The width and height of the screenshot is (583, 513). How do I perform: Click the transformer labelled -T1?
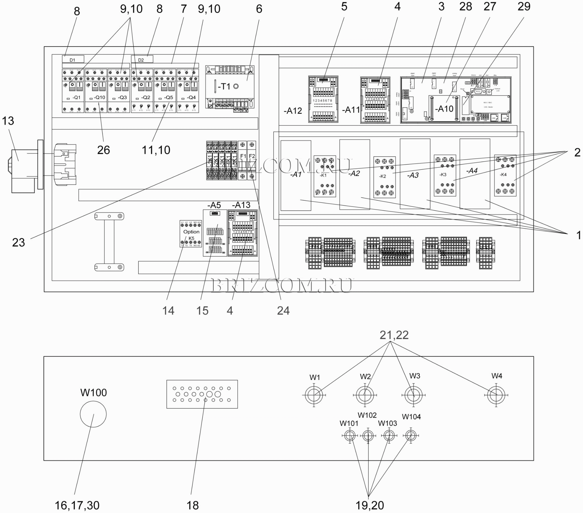pos(230,87)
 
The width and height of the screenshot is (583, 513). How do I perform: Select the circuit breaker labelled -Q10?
pos(96,91)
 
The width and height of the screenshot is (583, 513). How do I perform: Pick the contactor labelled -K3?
pos(445,175)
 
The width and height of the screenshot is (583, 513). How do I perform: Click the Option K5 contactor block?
pos(191,234)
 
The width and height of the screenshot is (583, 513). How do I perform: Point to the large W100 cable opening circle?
pos(93,414)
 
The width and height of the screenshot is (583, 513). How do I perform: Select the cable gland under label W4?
pos(496,395)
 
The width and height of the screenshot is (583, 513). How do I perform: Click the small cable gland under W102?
pos(368,436)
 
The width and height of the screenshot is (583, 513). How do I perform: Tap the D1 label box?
pos(73,60)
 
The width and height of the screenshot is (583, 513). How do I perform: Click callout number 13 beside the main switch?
pos(8,121)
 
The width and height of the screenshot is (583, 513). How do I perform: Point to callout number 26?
pos(103,150)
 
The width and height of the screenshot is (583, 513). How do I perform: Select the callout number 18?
pos(192,505)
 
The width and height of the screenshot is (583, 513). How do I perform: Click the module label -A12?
pos(293,111)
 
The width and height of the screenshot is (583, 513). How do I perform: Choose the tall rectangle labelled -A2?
pos(354,175)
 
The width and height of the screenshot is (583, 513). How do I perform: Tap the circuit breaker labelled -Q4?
pos(187,91)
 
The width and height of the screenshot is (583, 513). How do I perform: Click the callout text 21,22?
pos(394,335)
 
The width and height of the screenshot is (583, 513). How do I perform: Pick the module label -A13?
pos(241,205)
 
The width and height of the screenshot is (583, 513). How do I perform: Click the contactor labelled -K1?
pos(325,176)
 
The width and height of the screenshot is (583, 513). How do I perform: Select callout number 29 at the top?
pos(524,6)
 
